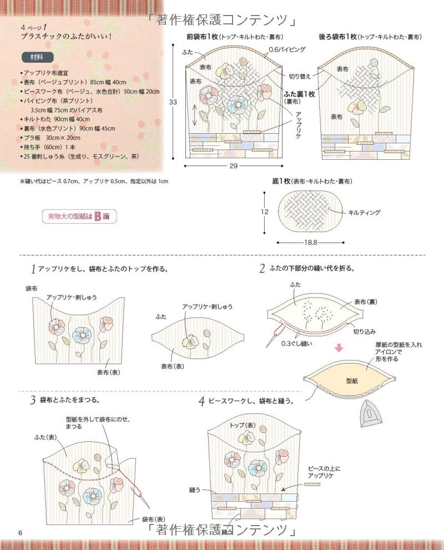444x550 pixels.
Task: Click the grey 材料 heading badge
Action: coord(37,57)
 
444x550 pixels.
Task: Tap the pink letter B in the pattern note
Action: coord(98,216)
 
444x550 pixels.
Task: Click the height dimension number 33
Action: coord(173,102)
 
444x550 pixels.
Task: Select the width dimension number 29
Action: coord(234,166)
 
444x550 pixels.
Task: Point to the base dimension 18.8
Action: coord(310,243)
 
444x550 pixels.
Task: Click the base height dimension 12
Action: coord(264,212)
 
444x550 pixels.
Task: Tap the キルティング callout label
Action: coord(364,212)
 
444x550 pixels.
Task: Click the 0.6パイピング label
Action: coord(287,49)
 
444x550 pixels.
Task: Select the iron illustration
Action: coord(372,413)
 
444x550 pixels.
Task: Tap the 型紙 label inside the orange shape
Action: coord(352,381)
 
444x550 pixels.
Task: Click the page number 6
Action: coord(21,533)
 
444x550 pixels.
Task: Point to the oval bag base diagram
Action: coord(310,212)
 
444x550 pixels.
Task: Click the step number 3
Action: coord(33,400)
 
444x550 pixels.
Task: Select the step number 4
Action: coord(201,401)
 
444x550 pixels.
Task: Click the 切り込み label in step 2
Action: coord(365,331)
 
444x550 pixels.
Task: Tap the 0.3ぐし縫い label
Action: coord(297,344)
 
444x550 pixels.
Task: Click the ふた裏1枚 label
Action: coord(299,94)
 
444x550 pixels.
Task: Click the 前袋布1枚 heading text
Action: coord(203,37)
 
